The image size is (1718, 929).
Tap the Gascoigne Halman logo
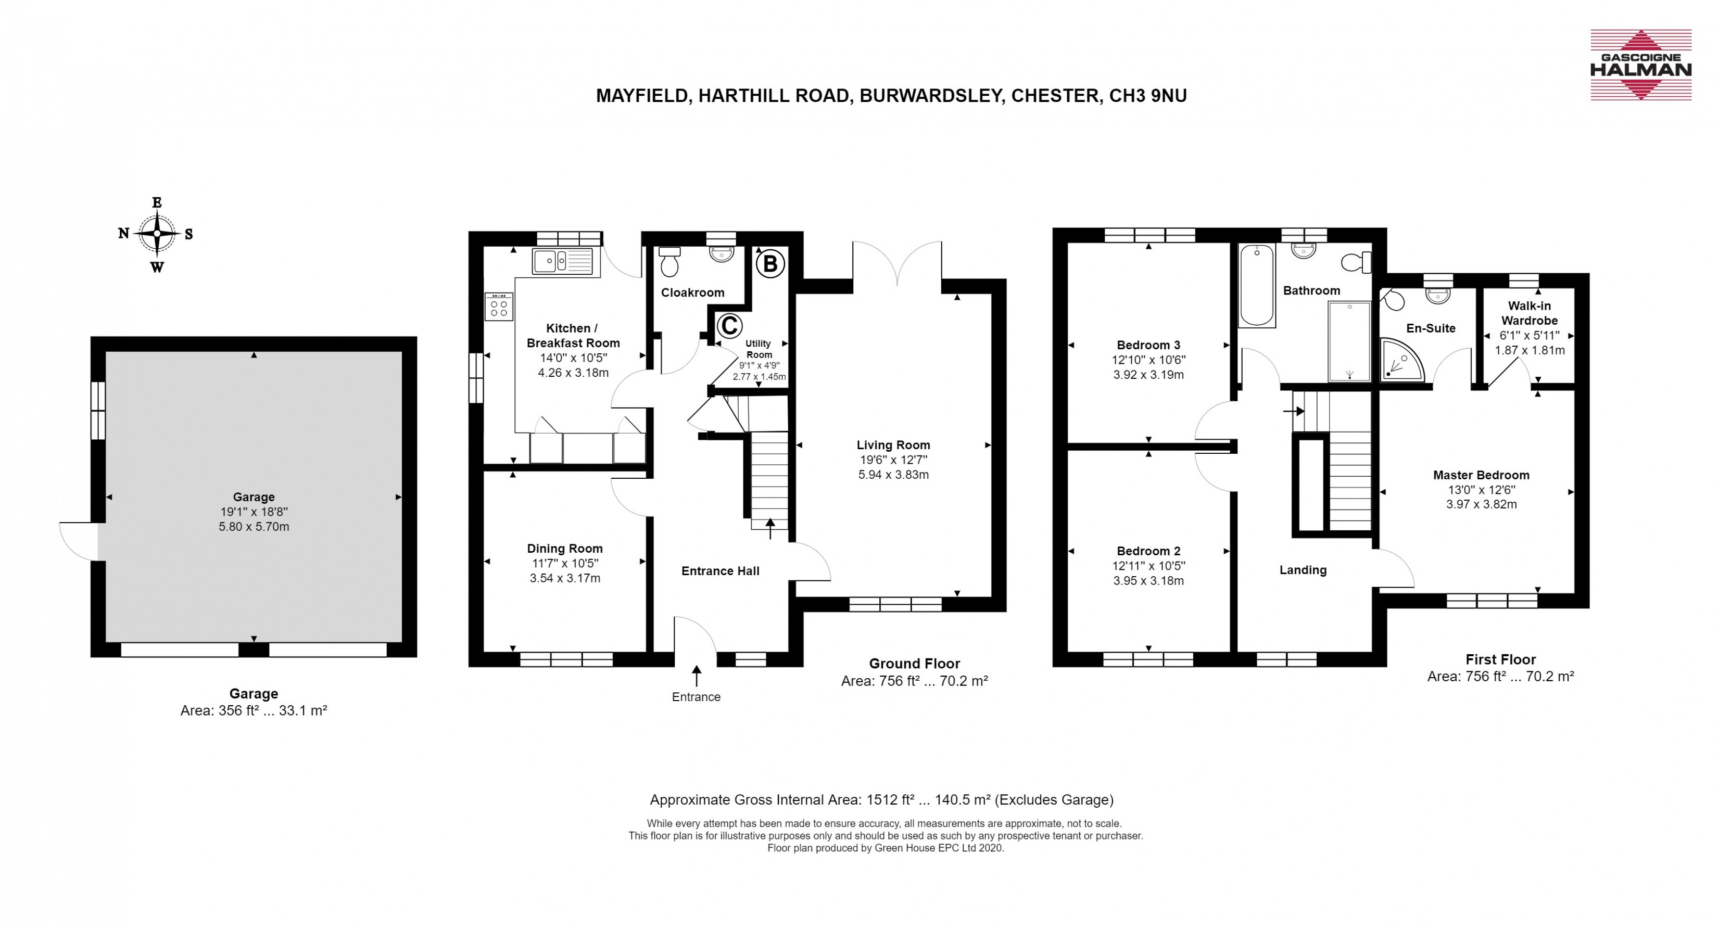[x=1640, y=65]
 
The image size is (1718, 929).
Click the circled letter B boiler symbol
[x=770, y=264]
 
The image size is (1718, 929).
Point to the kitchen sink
[x=562, y=261]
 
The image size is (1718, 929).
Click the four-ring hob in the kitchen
[x=499, y=307]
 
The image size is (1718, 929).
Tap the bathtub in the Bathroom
[x=1257, y=285]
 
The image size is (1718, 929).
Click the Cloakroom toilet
[x=669, y=261]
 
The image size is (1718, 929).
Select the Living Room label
[x=893, y=445]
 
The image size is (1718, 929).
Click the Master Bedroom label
[x=1481, y=475]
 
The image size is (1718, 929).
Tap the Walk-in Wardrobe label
[x=1529, y=313]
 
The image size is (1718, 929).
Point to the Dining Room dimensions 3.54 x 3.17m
[x=565, y=578]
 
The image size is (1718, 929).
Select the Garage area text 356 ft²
[x=238, y=710]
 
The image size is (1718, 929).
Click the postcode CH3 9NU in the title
[x=1148, y=96]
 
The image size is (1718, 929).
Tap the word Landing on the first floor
[x=1303, y=570]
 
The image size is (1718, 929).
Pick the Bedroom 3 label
[x=1148, y=345]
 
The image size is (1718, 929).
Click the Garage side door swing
[x=79, y=541]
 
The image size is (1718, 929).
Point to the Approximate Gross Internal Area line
[x=882, y=799]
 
